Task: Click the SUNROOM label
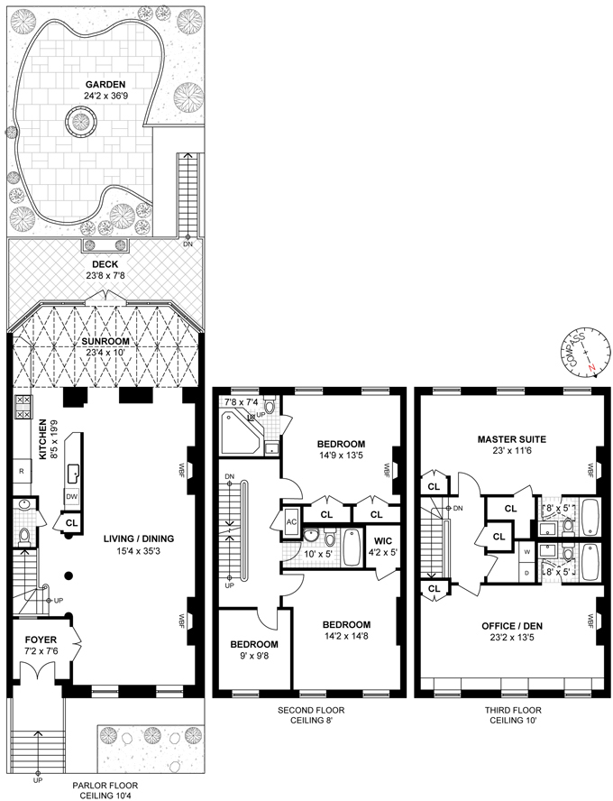pyautogui.click(x=105, y=342)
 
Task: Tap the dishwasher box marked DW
pyautogui.click(x=69, y=496)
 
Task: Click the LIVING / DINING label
pyautogui.click(x=138, y=539)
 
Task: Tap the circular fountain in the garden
pyautogui.click(x=75, y=118)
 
